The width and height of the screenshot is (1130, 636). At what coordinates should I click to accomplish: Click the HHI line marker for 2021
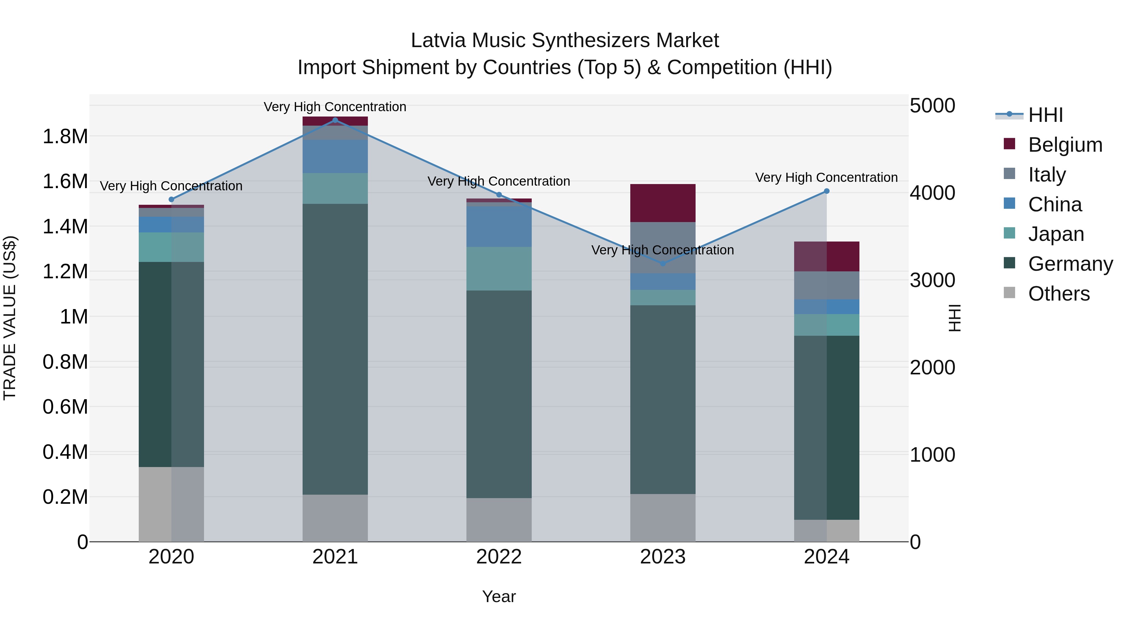[x=335, y=120]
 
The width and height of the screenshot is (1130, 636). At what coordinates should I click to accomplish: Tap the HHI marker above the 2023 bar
[x=663, y=264]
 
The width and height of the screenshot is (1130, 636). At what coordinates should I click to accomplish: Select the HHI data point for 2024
[x=826, y=191]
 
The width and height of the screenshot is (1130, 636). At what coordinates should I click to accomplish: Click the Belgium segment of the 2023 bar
[x=663, y=203]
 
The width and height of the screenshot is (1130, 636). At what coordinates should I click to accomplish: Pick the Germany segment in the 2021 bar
[x=335, y=349]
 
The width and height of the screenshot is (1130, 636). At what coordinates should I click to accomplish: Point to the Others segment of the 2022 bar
[x=499, y=520]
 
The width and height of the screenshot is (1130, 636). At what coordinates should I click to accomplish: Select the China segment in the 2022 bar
[x=499, y=226]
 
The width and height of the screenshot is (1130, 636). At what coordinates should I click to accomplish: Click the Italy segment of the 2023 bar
[x=663, y=247]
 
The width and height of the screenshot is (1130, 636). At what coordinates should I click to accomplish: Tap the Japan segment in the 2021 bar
[x=335, y=188]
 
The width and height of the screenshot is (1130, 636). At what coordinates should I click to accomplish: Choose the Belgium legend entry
[x=1065, y=145]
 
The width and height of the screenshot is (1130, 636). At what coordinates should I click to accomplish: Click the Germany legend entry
[x=1070, y=264]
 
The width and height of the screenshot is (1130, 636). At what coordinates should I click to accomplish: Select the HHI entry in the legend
[x=1045, y=115]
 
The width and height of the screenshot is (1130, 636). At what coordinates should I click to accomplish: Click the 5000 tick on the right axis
[x=932, y=106]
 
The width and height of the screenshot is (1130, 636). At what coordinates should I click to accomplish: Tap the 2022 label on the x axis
[x=499, y=557]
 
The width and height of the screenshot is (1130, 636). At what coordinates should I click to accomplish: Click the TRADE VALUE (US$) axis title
[x=10, y=318]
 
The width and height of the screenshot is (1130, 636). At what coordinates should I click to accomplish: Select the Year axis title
[x=499, y=596]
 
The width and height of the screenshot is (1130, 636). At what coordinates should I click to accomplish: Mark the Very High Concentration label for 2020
[x=171, y=186]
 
